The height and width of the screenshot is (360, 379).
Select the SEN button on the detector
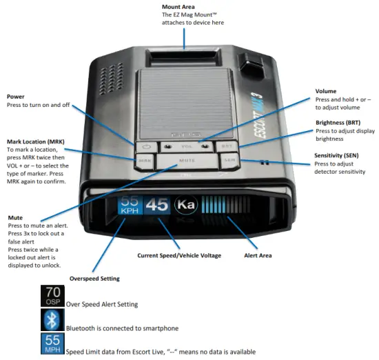coord(230,159)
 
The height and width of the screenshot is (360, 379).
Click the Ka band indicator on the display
coord(185,206)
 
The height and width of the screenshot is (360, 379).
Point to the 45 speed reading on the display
coord(156,205)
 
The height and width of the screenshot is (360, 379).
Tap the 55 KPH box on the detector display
coord(130,205)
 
